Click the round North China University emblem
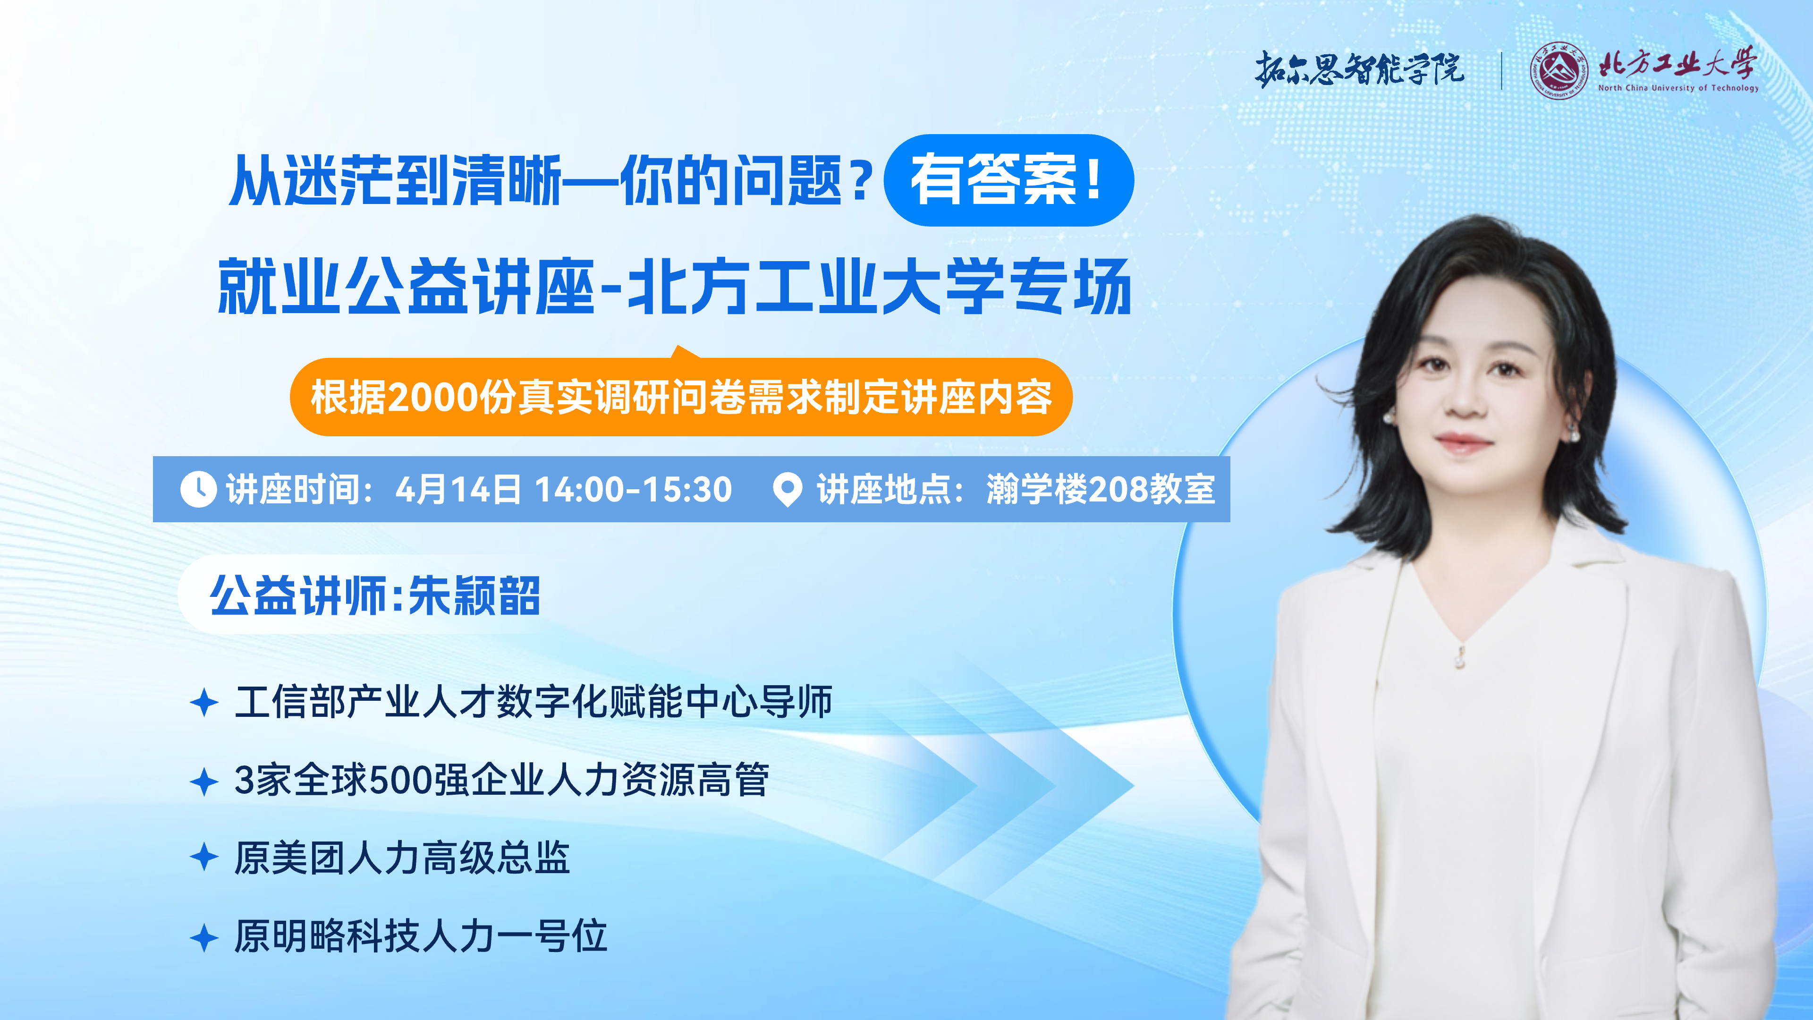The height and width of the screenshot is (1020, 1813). [x=1559, y=70]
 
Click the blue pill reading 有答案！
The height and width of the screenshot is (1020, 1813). [x=1008, y=180]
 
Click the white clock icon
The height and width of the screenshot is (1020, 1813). [x=198, y=489]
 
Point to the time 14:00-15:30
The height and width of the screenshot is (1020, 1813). [x=634, y=489]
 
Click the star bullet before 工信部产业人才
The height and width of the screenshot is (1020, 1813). [x=204, y=703]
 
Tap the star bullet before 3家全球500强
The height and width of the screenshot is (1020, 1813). [x=204, y=782]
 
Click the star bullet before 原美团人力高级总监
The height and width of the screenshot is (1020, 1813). [x=204, y=858]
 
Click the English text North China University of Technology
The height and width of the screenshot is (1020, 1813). [x=1678, y=88]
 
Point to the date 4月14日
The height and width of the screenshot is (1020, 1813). [x=458, y=489]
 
